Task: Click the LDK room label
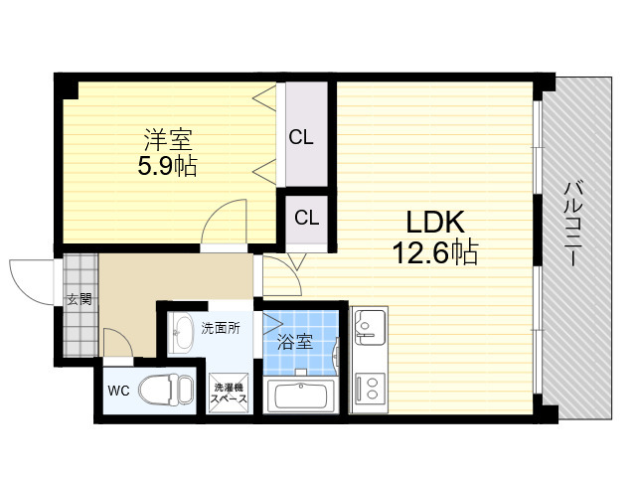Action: click(x=435, y=222)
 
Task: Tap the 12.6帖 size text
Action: click(x=435, y=252)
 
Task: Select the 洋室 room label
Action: click(x=168, y=139)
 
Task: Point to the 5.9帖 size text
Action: click(x=168, y=166)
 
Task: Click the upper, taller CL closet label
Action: click(x=301, y=137)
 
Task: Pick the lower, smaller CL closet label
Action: click(x=307, y=218)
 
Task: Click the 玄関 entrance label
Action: click(x=79, y=300)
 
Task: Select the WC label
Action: click(x=118, y=391)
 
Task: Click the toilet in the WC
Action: click(x=166, y=389)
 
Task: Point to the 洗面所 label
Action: click(x=221, y=328)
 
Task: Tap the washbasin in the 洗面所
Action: click(x=181, y=333)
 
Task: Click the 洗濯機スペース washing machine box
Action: click(x=229, y=393)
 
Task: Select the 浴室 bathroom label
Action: click(x=295, y=342)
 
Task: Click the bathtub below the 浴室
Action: click(x=300, y=396)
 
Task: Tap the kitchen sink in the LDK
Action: click(x=370, y=326)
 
